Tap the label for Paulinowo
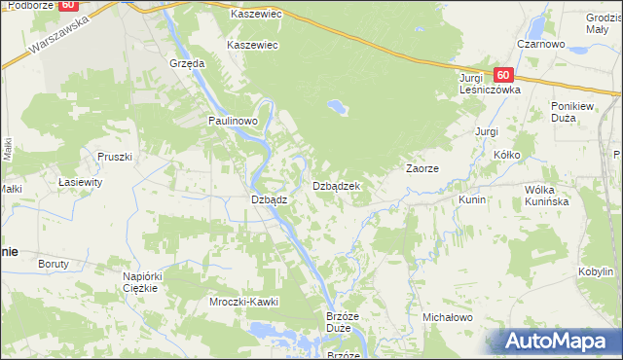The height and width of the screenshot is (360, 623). coord(232,120)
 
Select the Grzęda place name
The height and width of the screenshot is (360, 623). coord(186,62)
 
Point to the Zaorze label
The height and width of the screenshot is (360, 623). coord(422,168)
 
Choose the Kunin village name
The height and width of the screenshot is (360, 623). coord(472,198)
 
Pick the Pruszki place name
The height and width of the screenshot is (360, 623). coord(114,156)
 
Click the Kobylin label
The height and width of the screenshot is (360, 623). coord(595,271)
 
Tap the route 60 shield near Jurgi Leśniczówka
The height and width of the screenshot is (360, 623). coord(502,74)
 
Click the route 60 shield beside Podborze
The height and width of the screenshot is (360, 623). coord(67,5)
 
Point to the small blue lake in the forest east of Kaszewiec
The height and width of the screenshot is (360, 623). coord(337,106)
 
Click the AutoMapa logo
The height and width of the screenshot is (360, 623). coord(560,342)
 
